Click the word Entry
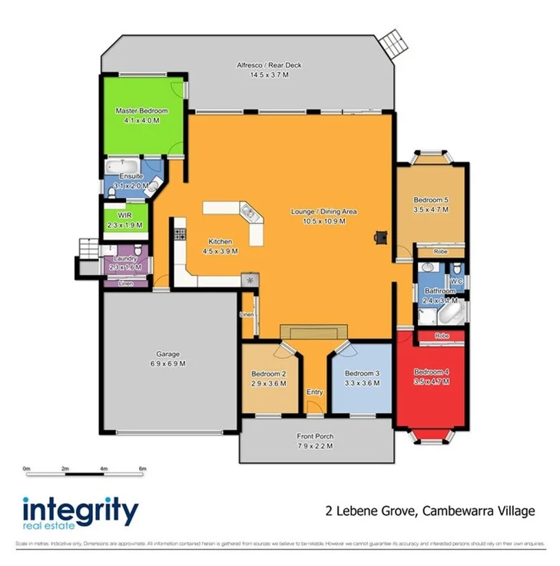(315, 392)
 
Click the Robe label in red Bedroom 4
(441, 336)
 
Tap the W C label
(456, 281)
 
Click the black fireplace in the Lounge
(378, 237)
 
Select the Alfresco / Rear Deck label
(268, 66)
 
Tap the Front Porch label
(315, 436)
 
